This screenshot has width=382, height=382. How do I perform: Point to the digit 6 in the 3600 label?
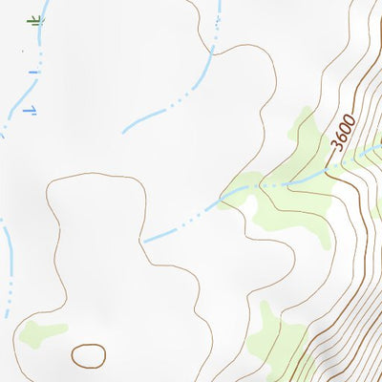pyautogui.click(x=339, y=138)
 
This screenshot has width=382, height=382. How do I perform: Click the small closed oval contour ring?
pyautogui.click(x=89, y=355)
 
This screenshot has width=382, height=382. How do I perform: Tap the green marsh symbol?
pyautogui.click(x=35, y=19)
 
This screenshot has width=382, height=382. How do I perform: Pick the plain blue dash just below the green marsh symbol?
pyautogui.click(x=34, y=72)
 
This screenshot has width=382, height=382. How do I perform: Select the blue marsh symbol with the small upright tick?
pyautogui.click(x=29, y=111)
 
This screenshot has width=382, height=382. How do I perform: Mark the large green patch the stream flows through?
pyautogui.click(x=286, y=186)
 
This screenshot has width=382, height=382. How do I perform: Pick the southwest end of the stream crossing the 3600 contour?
pyautogui.click(x=145, y=241)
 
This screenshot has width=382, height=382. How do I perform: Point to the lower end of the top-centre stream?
pyautogui.click(x=124, y=131)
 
